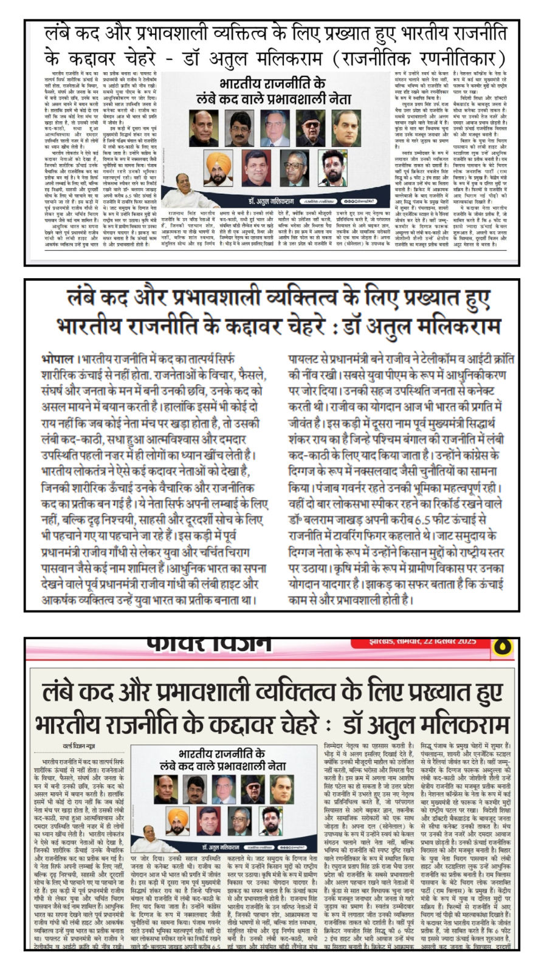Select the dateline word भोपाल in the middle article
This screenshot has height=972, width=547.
tap(58, 358)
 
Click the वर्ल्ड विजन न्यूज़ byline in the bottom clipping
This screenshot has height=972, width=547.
tap(80, 745)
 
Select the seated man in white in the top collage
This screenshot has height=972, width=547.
tap(184, 194)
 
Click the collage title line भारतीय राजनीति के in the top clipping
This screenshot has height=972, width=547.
tap(272, 83)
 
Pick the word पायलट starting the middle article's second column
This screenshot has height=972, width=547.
tap(308, 359)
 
